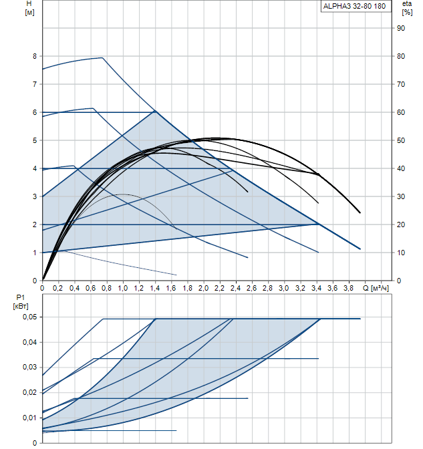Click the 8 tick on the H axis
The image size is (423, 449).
34,56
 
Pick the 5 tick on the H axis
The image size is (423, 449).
34,140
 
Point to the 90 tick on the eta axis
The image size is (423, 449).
401,28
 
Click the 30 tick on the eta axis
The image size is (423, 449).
401,196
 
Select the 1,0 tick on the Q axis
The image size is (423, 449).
123,288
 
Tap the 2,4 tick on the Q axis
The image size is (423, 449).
235,288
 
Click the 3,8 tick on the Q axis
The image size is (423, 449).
348,288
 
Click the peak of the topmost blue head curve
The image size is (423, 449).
102,57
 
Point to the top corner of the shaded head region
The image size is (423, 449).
155,110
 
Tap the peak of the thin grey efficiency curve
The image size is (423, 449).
122,194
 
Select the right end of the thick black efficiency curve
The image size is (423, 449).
360,212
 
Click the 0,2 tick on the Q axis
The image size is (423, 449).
58,288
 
